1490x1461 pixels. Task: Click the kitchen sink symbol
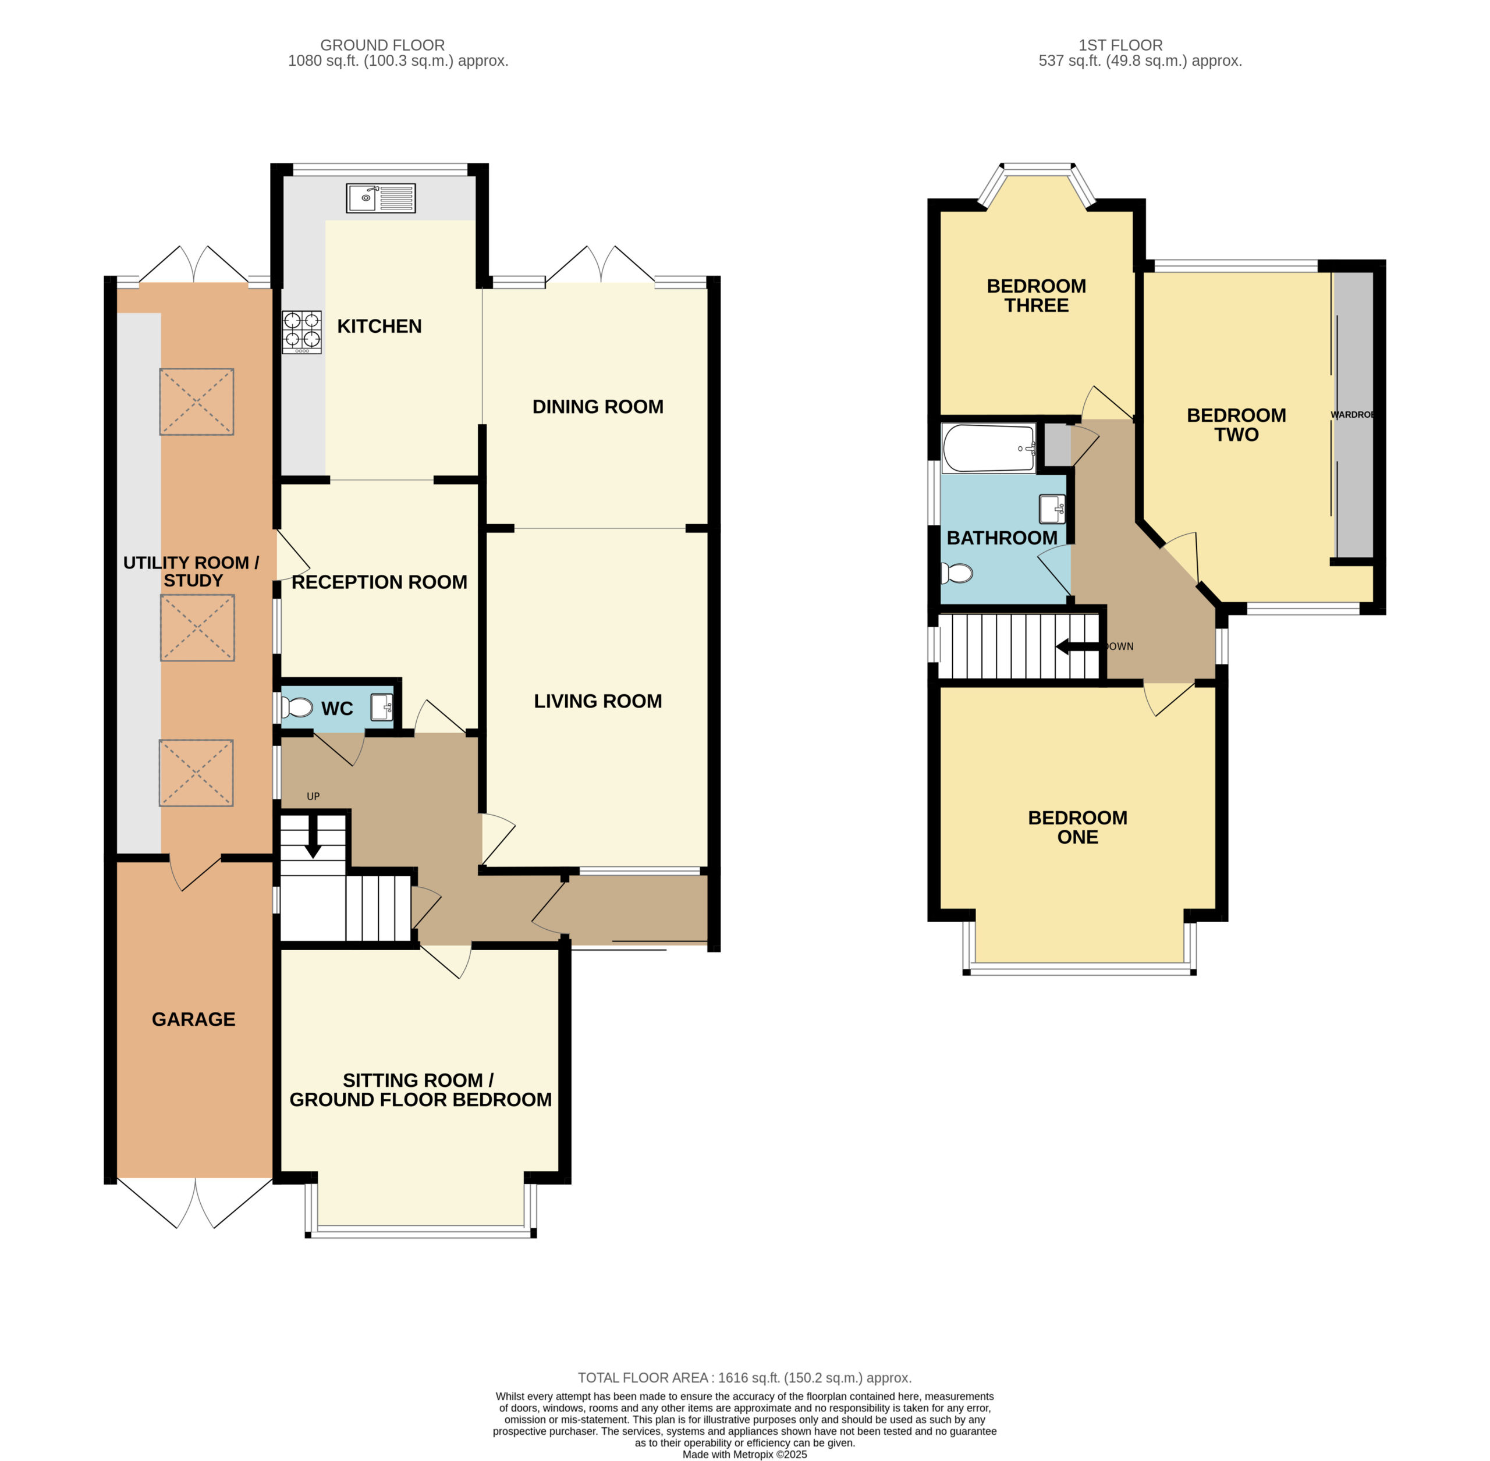coord(381,198)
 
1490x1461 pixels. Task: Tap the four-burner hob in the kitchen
coord(301,332)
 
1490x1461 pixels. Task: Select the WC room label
coord(337,708)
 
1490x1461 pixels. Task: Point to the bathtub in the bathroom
coord(989,448)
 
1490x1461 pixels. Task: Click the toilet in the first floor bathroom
coord(956,573)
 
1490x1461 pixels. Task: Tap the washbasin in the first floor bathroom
coord(1052,509)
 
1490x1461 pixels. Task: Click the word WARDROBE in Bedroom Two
coord(1352,414)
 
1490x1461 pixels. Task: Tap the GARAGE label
coord(193,1019)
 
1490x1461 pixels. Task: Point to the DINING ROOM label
coord(598,407)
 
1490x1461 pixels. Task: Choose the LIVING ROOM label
coord(598,701)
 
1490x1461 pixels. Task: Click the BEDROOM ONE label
coord(1078,827)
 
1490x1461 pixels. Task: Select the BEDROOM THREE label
coord(1037,296)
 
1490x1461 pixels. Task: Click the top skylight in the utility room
coord(197,401)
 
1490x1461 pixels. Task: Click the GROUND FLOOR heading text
coord(382,45)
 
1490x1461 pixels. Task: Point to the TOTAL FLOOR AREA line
coord(744,1377)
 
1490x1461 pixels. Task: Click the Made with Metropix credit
coord(744,1454)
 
